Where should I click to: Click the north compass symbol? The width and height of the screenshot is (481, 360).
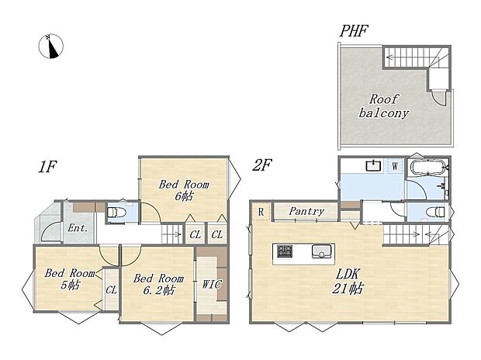click(51, 47)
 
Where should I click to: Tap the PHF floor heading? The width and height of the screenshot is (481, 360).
click(354, 31)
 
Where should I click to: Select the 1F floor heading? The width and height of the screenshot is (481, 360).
click(47, 167)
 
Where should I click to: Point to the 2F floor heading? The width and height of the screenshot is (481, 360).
click(262, 165)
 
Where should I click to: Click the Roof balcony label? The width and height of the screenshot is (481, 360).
click(384, 106)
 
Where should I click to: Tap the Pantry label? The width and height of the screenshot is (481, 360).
click(306, 211)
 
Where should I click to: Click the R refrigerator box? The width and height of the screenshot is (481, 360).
click(261, 212)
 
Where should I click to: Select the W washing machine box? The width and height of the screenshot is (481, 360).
click(395, 167)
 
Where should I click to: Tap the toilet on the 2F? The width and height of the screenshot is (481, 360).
click(435, 212)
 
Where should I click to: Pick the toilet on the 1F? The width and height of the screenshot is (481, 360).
click(116, 212)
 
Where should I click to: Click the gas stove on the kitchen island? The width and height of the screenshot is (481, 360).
click(285, 251)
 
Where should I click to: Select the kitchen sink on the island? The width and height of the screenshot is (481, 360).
click(321, 251)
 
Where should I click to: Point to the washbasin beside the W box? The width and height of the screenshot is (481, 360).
click(373, 166)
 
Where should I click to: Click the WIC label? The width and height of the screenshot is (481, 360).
click(212, 284)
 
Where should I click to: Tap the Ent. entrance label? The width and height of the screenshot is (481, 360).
click(78, 228)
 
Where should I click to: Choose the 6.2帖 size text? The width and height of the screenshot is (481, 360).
click(159, 289)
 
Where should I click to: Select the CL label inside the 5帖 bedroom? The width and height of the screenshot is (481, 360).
click(112, 289)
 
